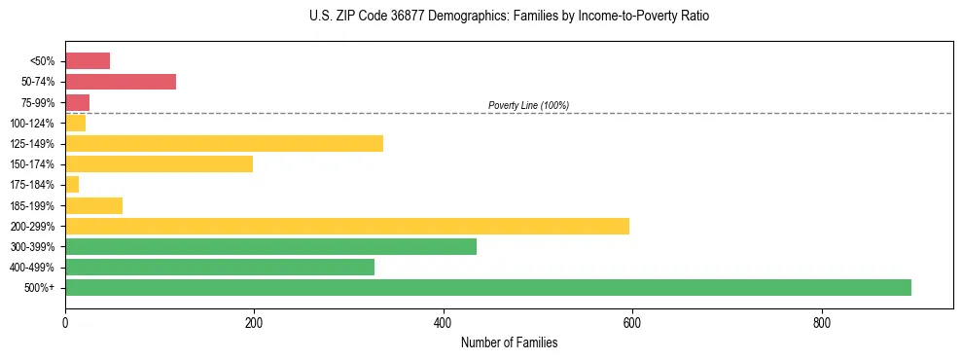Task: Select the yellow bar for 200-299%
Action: click(347, 226)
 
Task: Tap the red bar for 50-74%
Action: click(121, 82)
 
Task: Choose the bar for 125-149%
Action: click(224, 143)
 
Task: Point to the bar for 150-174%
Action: click(159, 163)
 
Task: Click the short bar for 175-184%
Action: click(72, 184)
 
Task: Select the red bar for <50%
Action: click(88, 60)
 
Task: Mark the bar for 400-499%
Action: click(220, 267)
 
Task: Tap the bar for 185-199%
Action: click(93, 205)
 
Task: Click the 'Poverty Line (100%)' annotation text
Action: click(528, 105)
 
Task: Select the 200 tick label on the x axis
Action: click(254, 321)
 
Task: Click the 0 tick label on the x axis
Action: click(65, 321)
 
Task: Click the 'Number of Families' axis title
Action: click(509, 342)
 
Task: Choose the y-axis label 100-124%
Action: click(34, 123)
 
